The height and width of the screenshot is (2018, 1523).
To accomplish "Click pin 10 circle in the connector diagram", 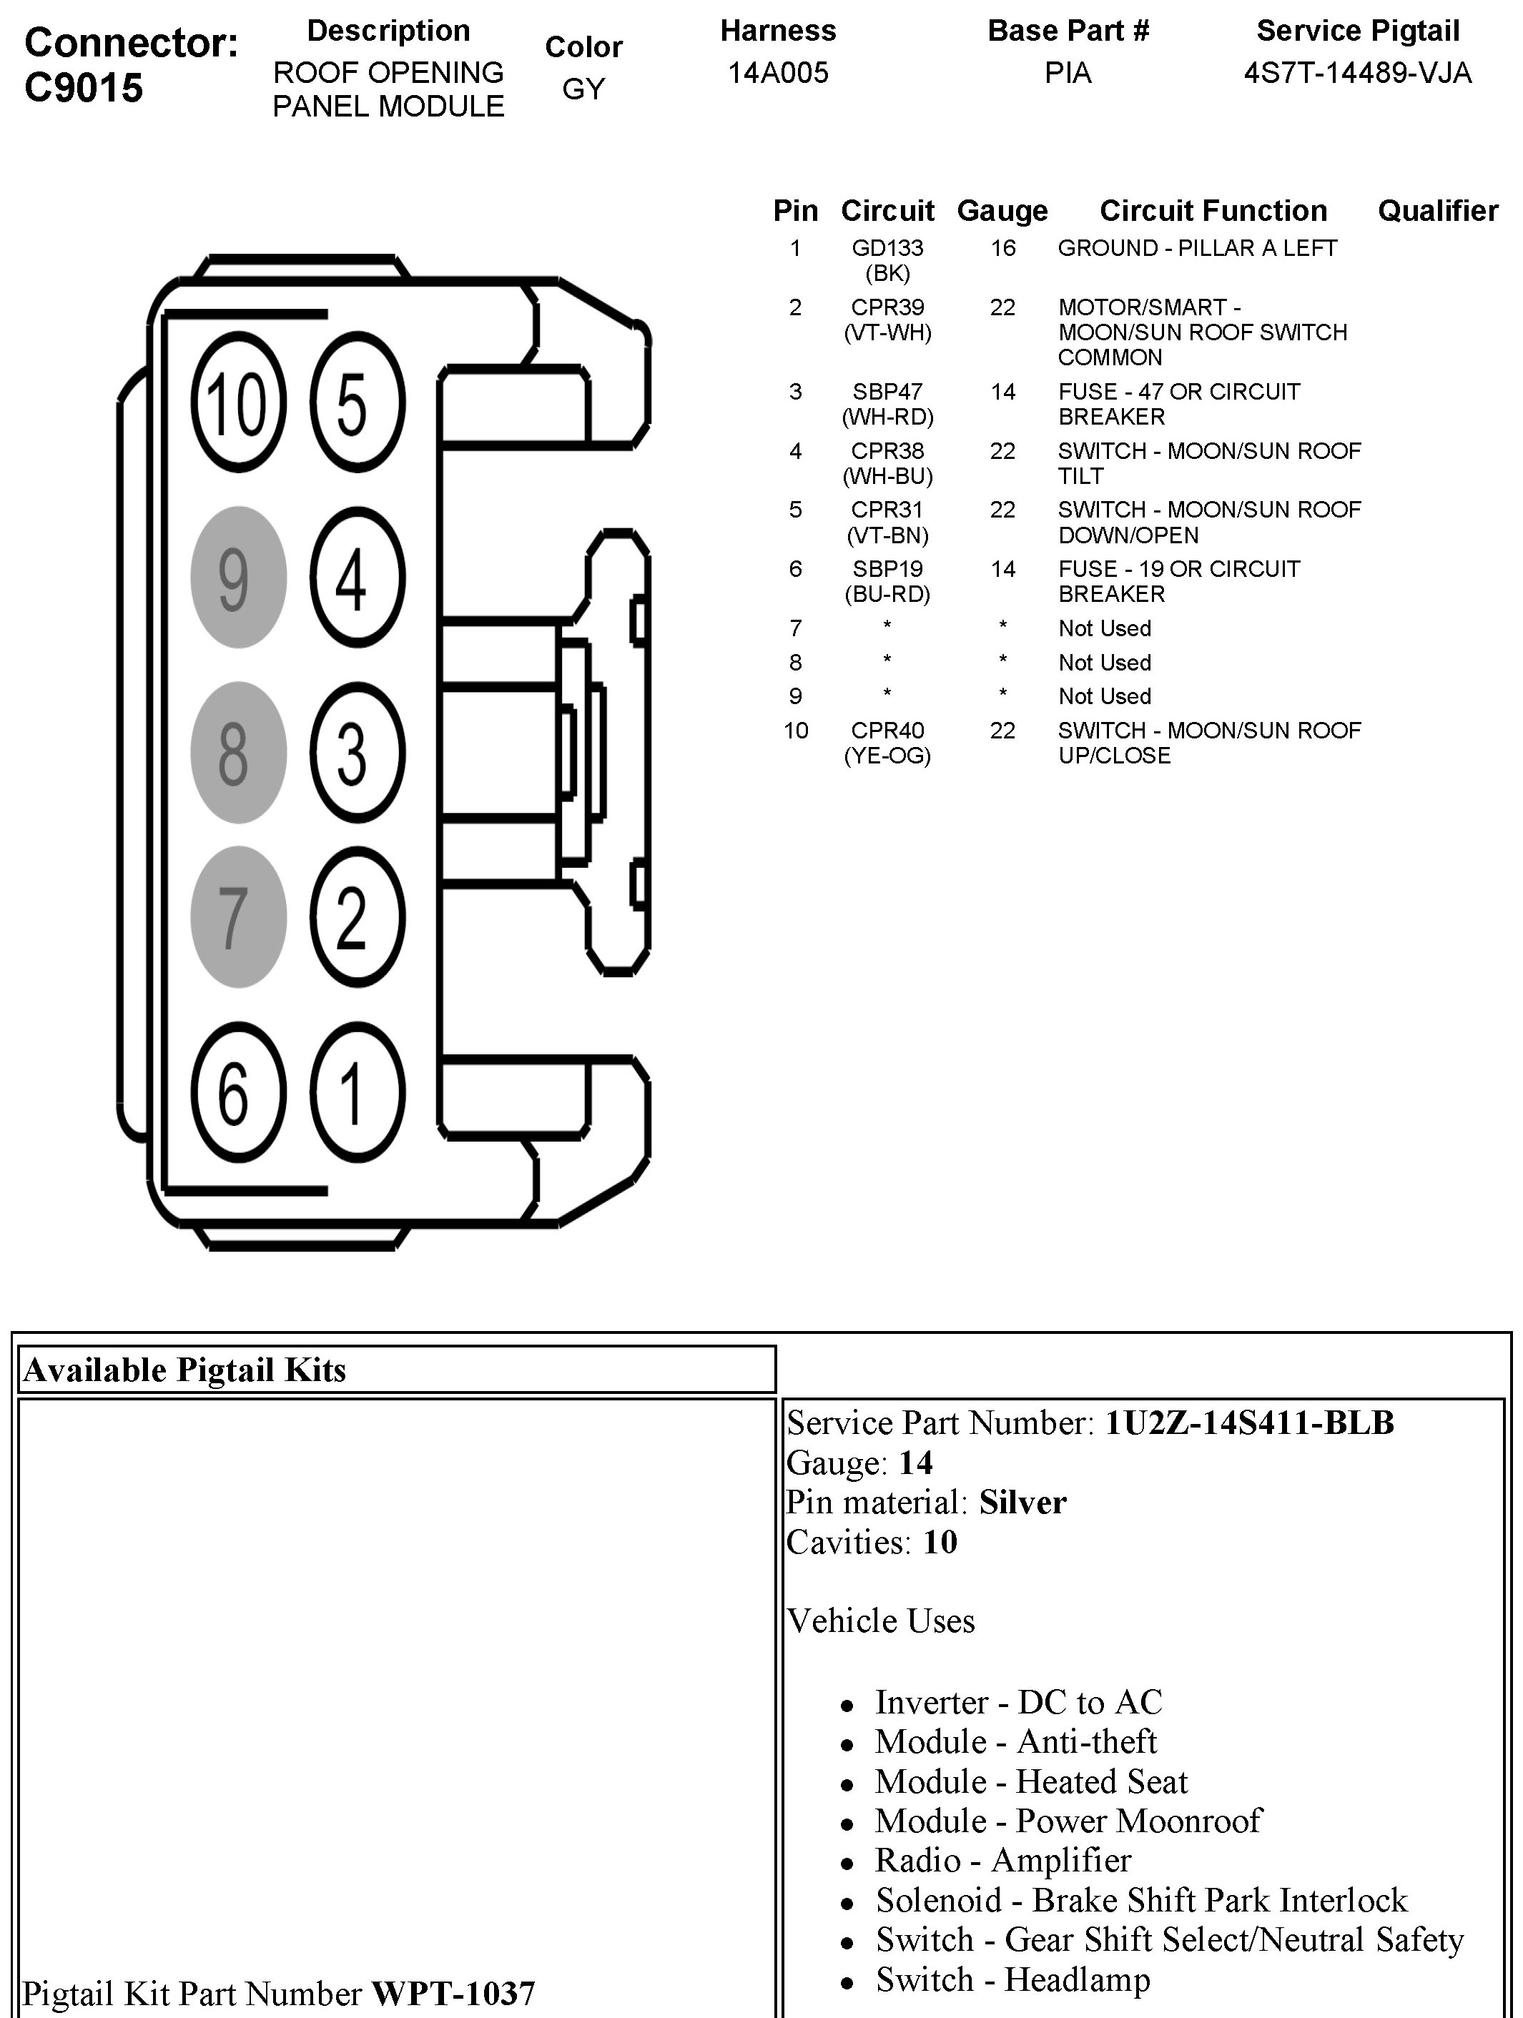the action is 238,402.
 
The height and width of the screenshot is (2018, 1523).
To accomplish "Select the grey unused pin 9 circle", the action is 238,578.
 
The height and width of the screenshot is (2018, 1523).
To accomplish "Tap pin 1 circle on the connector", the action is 358,1092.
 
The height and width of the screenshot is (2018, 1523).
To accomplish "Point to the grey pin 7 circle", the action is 238,917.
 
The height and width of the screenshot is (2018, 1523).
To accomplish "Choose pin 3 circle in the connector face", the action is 358,753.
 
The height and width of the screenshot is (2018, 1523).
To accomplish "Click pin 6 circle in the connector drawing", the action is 238,1092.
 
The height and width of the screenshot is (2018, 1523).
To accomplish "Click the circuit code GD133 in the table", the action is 887,248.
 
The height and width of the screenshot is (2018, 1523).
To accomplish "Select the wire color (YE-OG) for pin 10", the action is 887,756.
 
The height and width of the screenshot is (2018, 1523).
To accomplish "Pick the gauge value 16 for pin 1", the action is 1003,248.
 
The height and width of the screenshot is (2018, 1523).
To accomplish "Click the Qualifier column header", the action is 1437,211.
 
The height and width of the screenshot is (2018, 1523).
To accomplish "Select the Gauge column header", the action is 1002,212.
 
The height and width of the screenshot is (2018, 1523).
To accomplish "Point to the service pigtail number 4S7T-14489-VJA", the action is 1358,73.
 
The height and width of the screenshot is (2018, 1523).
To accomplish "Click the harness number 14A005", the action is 777,73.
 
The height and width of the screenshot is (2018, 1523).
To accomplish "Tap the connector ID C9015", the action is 84,88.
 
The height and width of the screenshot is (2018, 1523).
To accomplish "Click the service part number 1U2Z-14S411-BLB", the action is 1249,1423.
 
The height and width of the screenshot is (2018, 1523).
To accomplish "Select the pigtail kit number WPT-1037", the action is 453,1994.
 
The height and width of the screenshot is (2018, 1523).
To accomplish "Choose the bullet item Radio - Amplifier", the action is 1003,1859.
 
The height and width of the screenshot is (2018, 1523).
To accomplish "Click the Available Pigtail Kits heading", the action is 184,1370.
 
